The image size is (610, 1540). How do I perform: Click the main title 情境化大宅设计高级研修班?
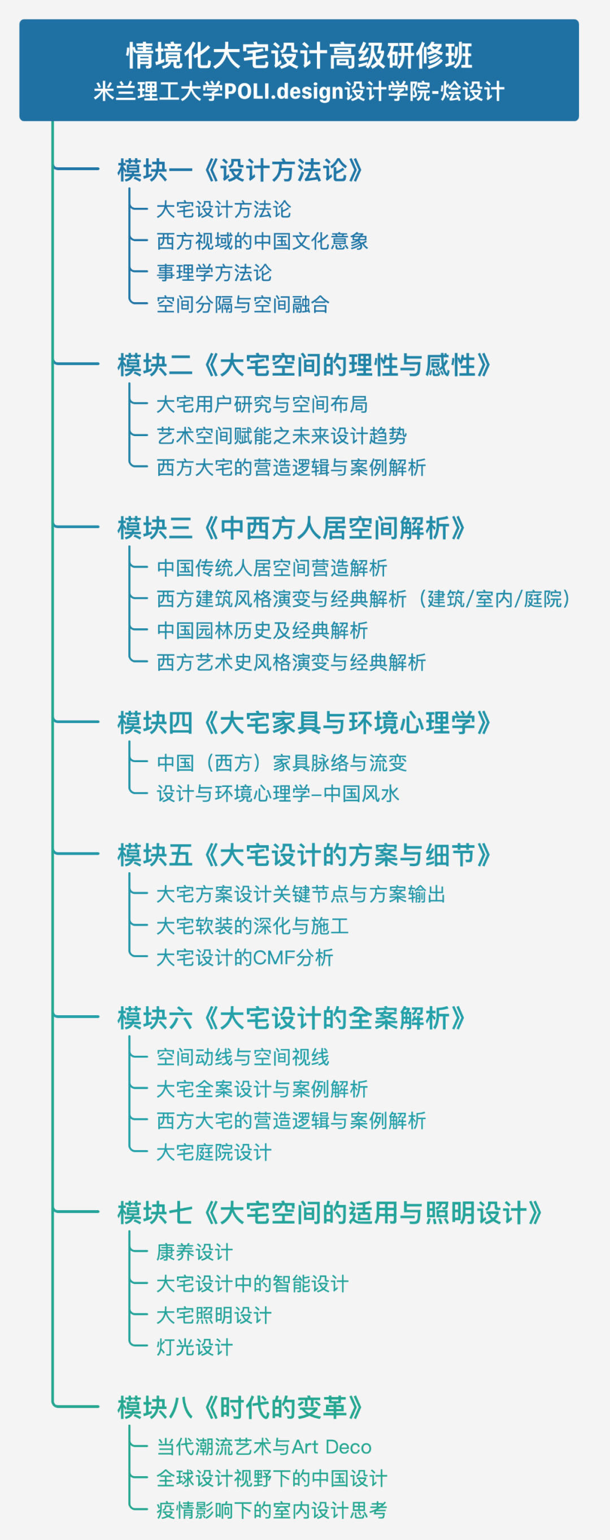click(x=299, y=55)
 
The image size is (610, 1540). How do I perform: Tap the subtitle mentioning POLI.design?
click(x=299, y=92)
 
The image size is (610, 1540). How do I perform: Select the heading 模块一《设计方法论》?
click(x=240, y=171)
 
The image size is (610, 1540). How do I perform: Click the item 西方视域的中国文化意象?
click(x=262, y=241)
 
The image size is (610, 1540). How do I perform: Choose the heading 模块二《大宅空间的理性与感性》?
click(x=304, y=365)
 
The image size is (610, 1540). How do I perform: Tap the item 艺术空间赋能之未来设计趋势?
click(x=281, y=436)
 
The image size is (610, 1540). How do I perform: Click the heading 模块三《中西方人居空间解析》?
click(x=291, y=528)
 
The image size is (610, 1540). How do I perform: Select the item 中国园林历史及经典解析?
click(x=262, y=630)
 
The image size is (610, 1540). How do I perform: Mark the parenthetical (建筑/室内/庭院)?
click(x=494, y=598)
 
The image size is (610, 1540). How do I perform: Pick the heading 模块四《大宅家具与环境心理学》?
click(x=304, y=723)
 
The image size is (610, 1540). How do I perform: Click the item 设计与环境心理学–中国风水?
click(x=278, y=793)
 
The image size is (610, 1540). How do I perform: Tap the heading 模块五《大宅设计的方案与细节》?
click(x=304, y=855)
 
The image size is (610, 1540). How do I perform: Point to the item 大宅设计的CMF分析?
click(x=245, y=957)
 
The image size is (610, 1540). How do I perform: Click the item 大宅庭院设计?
click(x=214, y=1152)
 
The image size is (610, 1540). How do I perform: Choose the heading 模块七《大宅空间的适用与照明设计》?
click(x=330, y=1213)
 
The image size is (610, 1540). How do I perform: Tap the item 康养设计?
click(x=195, y=1252)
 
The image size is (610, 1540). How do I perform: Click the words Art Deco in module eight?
click(x=332, y=1447)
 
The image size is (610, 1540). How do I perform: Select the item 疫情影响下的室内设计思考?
click(x=272, y=1510)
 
